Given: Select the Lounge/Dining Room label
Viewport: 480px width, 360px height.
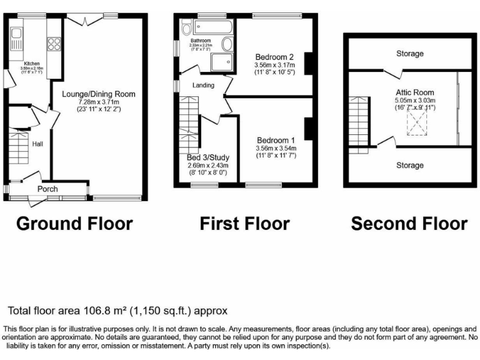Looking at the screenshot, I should click(98, 94).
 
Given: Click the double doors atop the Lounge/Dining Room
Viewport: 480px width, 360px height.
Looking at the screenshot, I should click(84, 20).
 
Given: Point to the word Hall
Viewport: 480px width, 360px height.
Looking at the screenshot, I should click(37, 144).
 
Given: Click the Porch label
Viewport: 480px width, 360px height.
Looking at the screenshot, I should click(47, 189).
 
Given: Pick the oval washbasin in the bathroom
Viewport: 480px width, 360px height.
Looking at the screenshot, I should click(227, 44).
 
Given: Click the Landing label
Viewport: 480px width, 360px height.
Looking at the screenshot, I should click(203, 86).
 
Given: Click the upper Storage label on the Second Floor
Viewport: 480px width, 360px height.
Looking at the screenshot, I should click(409, 54).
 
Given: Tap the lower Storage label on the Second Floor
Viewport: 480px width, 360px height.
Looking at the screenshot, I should click(409, 166).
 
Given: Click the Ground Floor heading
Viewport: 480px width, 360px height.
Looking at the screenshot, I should click(74, 223).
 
